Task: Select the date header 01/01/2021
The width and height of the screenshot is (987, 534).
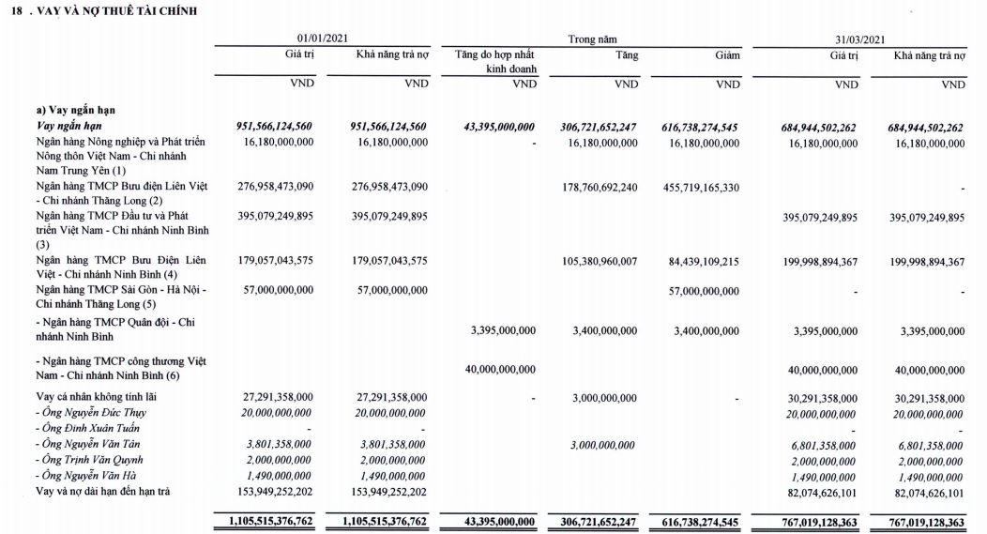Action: coord(323,39)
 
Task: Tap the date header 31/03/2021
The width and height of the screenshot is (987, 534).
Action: coord(859,39)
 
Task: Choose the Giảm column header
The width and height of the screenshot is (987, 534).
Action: coord(726,55)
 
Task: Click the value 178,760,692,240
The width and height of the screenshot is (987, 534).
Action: coord(593,188)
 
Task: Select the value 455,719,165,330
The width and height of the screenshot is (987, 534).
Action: coord(692,188)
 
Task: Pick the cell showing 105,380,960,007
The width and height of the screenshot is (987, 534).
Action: coord(593,261)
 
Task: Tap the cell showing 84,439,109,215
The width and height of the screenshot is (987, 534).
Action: coord(692,261)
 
